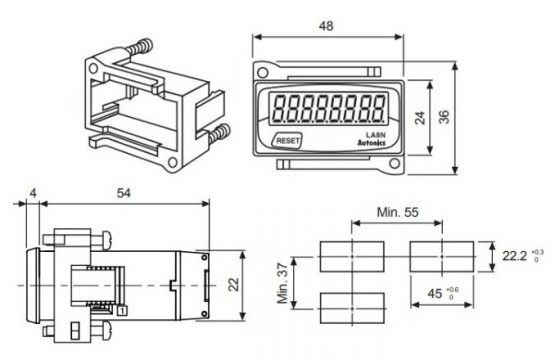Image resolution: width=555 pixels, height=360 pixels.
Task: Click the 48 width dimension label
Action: [326, 26]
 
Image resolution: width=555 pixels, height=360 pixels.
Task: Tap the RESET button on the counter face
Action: [287, 141]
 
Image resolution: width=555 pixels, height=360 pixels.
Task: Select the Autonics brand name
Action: [371, 143]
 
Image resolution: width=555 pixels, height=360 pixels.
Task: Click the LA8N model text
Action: [376, 135]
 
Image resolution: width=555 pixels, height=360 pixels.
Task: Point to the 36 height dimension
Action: [444, 117]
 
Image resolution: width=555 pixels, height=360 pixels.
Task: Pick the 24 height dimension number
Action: [420, 118]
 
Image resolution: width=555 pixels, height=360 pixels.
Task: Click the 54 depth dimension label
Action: [124, 193]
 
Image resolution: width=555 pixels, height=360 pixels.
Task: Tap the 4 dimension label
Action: [33, 193]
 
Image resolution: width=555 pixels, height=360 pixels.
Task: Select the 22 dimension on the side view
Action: [234, 285]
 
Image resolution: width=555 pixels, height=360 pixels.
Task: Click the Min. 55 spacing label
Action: [397, 212]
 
